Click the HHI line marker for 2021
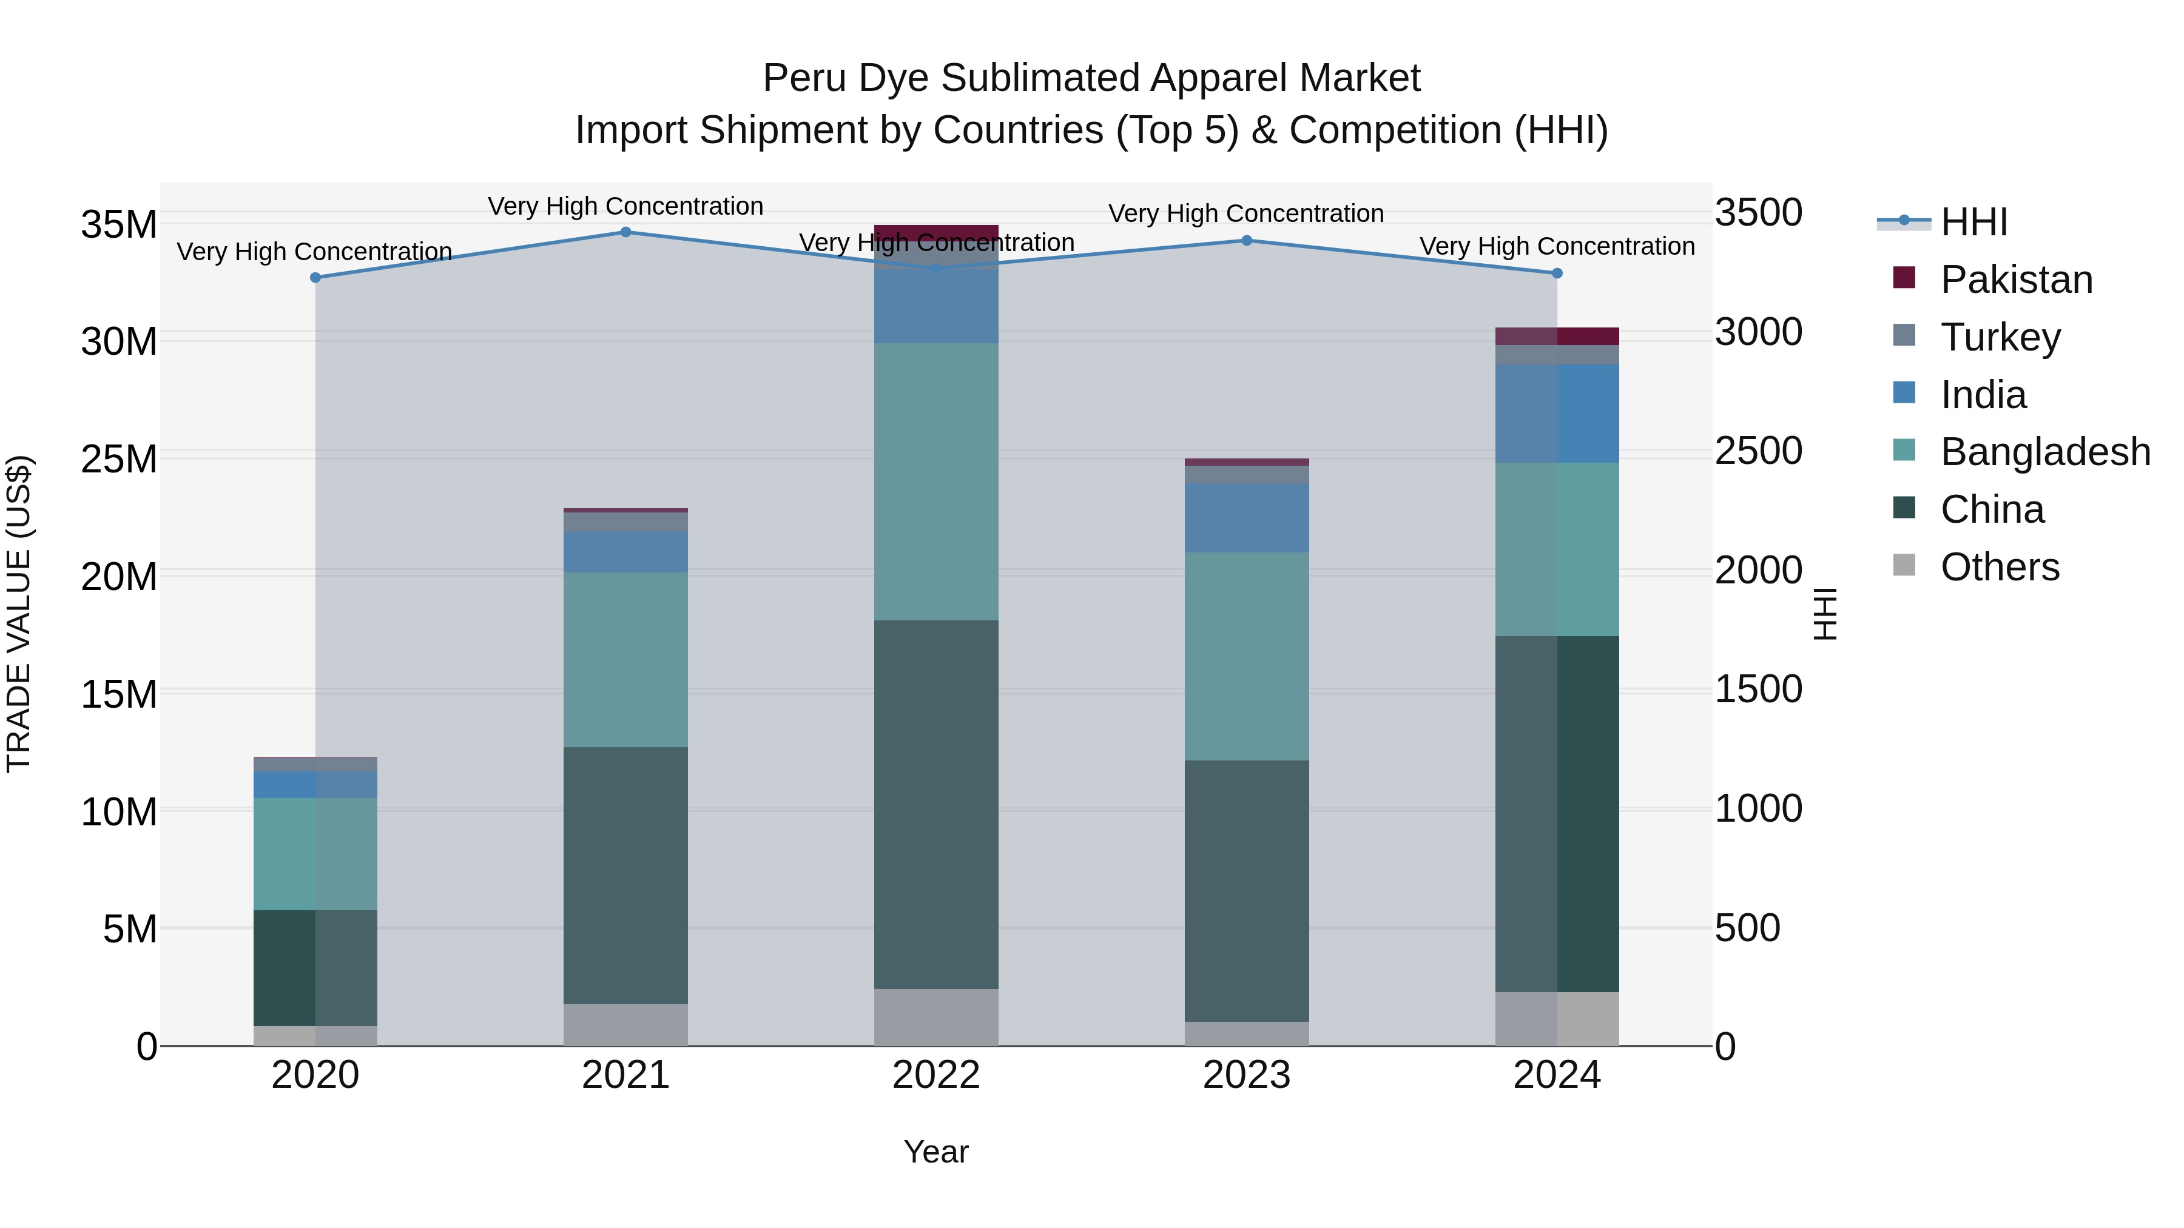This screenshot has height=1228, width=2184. click(x=625, y=232)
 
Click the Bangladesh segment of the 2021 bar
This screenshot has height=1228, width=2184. click(x=625, y=659)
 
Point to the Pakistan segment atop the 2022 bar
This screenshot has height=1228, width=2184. click(x=936, y=232)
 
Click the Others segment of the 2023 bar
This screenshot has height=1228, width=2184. click(x=1246, y=1033)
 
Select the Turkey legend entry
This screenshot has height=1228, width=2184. click(x=1999, y=337)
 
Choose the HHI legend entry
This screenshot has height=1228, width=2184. click(x=1973, y=222)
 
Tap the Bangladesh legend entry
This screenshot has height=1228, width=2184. click(x=2044, y=452)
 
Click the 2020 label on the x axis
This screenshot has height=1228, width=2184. click(x=315, y=1075)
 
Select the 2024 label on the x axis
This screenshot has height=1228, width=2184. click(x=1557, y=1075)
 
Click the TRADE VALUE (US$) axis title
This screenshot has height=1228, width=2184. click(x=19, y=614)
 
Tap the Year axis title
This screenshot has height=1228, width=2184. click(x=936, y=1152)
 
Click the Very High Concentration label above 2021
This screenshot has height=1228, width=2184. click(x=625, y=206)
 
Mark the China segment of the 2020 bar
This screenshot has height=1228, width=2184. click(x=315, y=967)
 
